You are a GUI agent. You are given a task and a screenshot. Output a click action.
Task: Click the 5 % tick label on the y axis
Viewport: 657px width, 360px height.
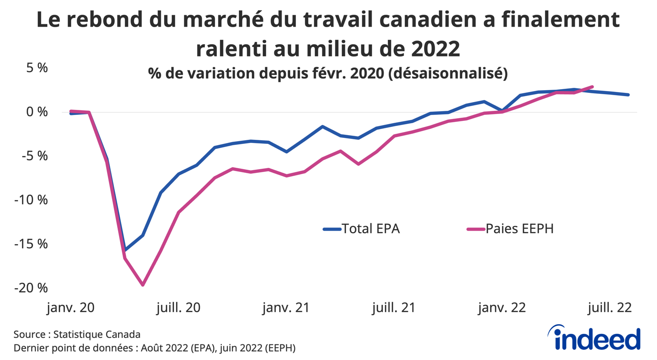tap(37, 68)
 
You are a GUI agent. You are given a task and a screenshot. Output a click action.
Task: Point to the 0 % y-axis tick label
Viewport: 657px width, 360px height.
tap(37, 112)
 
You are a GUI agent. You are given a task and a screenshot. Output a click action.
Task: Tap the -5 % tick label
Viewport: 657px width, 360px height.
tap(35, 156)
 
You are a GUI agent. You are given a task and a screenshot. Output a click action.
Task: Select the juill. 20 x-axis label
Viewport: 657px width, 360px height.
tap(178, 308)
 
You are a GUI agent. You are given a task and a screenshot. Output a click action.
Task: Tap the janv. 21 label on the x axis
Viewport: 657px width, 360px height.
tap(286, 308)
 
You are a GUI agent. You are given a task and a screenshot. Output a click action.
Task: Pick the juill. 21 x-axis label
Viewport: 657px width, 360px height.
tap(393, 308)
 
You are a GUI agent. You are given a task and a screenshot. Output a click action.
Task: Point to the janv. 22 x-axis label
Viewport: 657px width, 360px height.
tap(501, 308)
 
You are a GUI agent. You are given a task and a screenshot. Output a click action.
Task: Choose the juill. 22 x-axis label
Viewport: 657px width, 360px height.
tap(609, 308)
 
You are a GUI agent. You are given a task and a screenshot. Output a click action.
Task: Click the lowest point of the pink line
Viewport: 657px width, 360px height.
tap(143, 285)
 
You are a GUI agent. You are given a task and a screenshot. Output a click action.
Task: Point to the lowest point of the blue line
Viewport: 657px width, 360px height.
tap(125, 250)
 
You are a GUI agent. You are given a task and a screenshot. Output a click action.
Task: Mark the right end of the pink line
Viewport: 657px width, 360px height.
tap(593, 86)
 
